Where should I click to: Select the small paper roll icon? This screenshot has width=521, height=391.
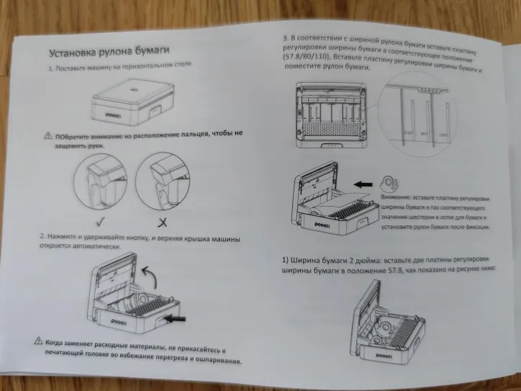[390, 183]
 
